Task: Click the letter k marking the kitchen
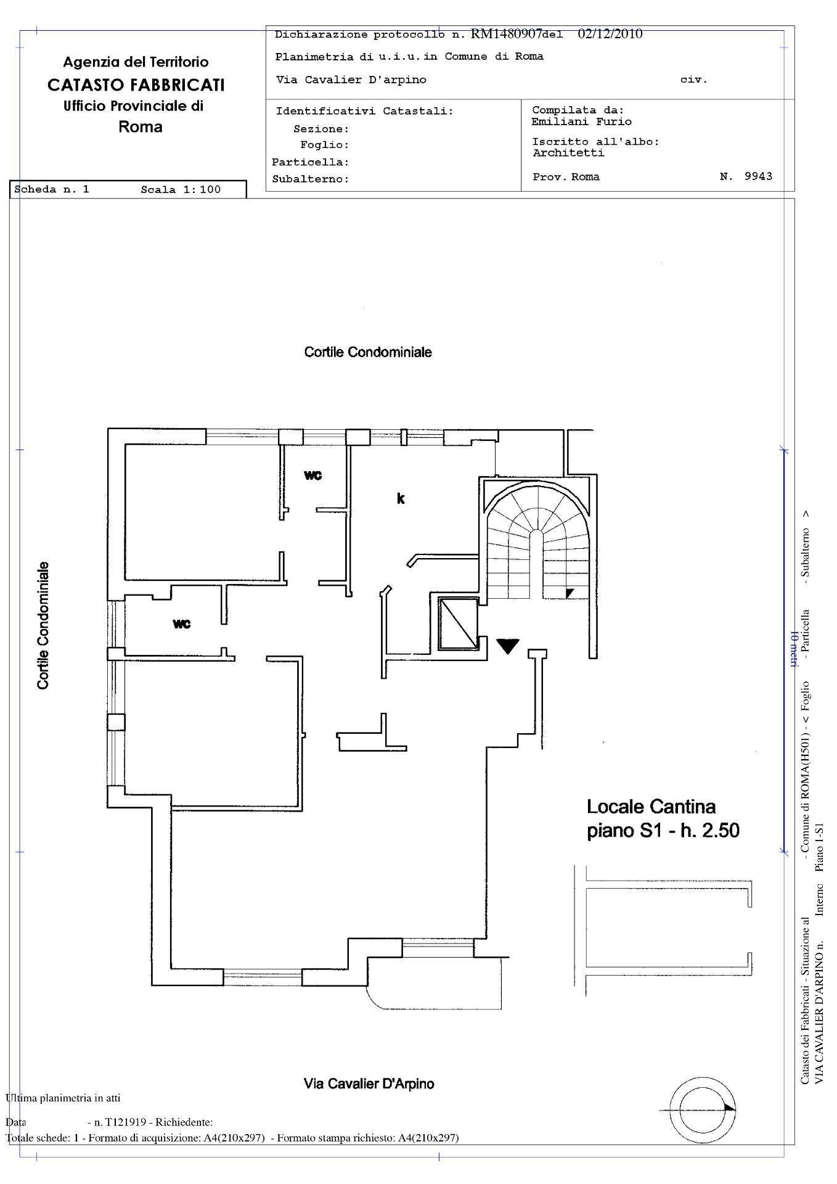(401, 498)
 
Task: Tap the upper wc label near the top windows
(313, 475)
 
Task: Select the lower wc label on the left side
(182, 624)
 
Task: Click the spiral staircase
(536, 543)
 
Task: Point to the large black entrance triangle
(508, 645)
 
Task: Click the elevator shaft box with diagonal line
(458, 623)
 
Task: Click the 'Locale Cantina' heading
(651, 807)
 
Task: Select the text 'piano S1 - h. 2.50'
(663, 831)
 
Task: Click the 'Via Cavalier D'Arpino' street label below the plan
(369, 1083)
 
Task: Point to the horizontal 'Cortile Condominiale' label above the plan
(368, 352)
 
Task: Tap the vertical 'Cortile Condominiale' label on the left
(43, 625)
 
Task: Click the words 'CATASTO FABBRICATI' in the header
(136, 84)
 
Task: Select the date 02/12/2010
(610, 33)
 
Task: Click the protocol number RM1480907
(505, 33)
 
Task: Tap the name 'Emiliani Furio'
(582, 121)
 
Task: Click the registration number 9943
(758, 176)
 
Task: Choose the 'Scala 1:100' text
(181, 189)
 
